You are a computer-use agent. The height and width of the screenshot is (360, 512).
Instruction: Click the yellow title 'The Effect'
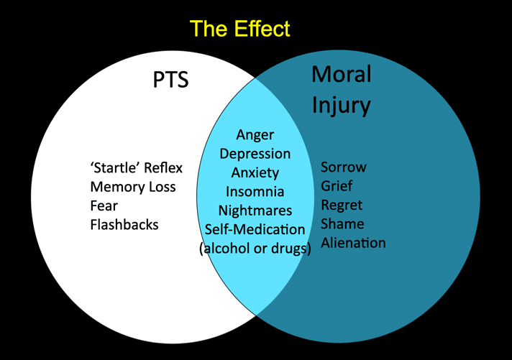tap(239, 29)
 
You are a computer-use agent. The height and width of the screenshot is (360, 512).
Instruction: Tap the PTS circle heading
tap(170, 80)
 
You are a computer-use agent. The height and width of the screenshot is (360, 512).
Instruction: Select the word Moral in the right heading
tap(342, 74)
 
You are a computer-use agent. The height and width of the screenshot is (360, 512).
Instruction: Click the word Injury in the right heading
tap(342, 106)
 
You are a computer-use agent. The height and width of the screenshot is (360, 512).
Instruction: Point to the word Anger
tap(255, 135)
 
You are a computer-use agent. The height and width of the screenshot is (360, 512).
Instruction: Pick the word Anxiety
tap(255, 173)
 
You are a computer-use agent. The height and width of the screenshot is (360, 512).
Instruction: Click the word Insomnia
tap(255, 192)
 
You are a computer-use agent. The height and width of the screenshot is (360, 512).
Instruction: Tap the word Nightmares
tap(255, 211)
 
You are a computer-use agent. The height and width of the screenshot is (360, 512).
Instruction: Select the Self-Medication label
tap(255, 229)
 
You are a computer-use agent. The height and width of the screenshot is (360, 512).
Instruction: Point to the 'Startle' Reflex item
tap(136, 167)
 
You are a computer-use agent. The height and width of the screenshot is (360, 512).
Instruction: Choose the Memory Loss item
tap(133, 187)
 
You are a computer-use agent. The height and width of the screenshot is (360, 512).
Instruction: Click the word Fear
tap(104, 206)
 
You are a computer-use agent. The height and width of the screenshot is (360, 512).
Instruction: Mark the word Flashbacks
tap(124, 225)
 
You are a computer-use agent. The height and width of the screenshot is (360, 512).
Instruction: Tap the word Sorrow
tap(344, 167)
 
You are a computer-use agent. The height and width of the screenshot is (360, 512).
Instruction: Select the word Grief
tap(337, 186)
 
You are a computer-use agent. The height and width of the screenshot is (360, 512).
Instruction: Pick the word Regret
tap(342, 206)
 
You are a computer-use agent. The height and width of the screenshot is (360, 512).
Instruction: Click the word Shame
tap(342, 224)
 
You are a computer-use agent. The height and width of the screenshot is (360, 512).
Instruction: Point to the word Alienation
tap(353, 243)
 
